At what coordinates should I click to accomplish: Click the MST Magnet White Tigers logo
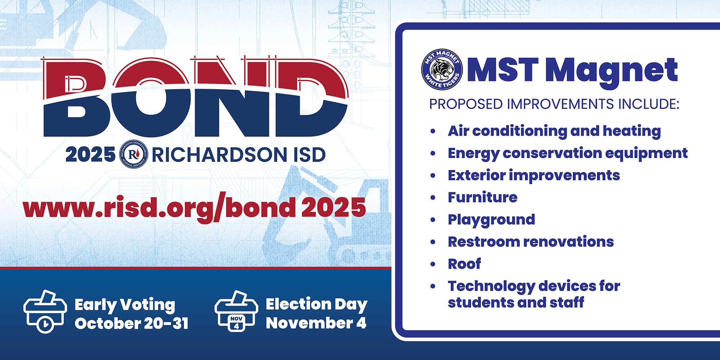tap(442, 69)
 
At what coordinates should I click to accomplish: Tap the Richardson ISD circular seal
tap(134, 154)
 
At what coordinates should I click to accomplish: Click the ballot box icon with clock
tap(45, 311)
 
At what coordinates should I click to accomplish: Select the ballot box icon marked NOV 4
tap(236, 311)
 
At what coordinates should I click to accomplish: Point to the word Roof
tap(464, 264)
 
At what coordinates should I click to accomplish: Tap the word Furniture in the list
tap(482, 197)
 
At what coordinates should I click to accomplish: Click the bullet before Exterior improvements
tap(433, 176)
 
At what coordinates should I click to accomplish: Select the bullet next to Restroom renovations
tap(433, 242)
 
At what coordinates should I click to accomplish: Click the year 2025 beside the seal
tap(90, 155)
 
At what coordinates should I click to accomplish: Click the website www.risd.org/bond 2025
tap(194, 208)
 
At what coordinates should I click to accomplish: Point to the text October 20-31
tap(132, 323)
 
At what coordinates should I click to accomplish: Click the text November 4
tap(316, 323)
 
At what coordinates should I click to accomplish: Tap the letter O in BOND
tap(150, 97)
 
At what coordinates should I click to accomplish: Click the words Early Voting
tap(125, 305)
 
